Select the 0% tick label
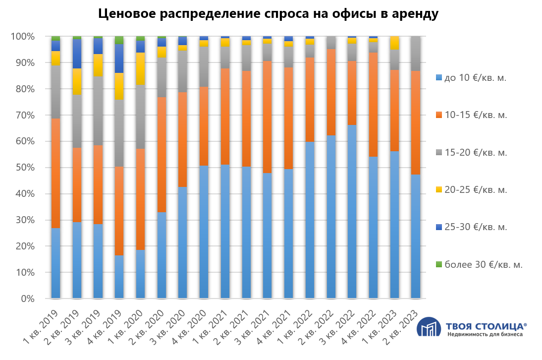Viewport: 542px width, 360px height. [x=27, y=299]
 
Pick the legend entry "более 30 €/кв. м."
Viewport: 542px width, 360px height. [x=484, y=264]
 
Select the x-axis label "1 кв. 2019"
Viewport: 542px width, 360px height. [x=42, y=327]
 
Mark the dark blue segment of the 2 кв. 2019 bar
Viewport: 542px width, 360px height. [x=77, y=54]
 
